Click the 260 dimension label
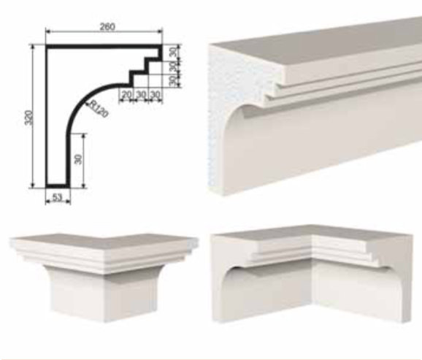107,27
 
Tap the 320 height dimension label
29,118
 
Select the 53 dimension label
57,197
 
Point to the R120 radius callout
99,109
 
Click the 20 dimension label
126,94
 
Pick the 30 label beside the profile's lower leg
78,159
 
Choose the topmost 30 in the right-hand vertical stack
174,51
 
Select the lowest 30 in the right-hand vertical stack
174,81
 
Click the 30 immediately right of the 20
141,94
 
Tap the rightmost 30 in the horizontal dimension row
155,94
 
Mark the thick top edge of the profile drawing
104,47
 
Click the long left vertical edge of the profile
47,116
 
